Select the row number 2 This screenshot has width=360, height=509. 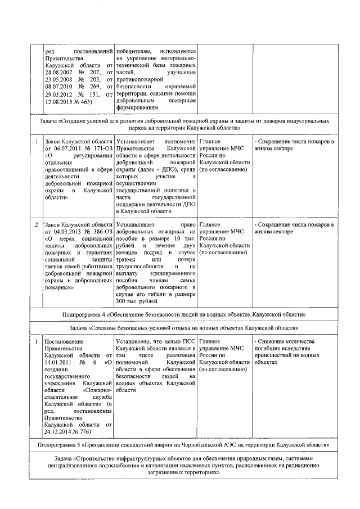pos(37,224)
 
